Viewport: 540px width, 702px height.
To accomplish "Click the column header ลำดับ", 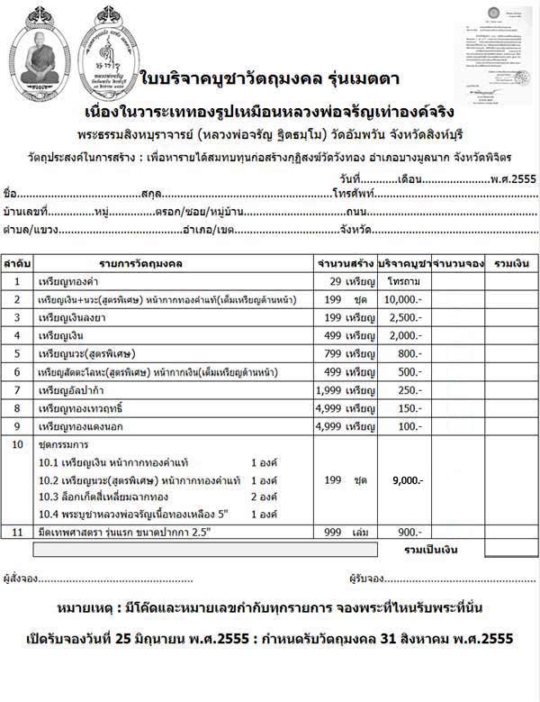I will point(17,263).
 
